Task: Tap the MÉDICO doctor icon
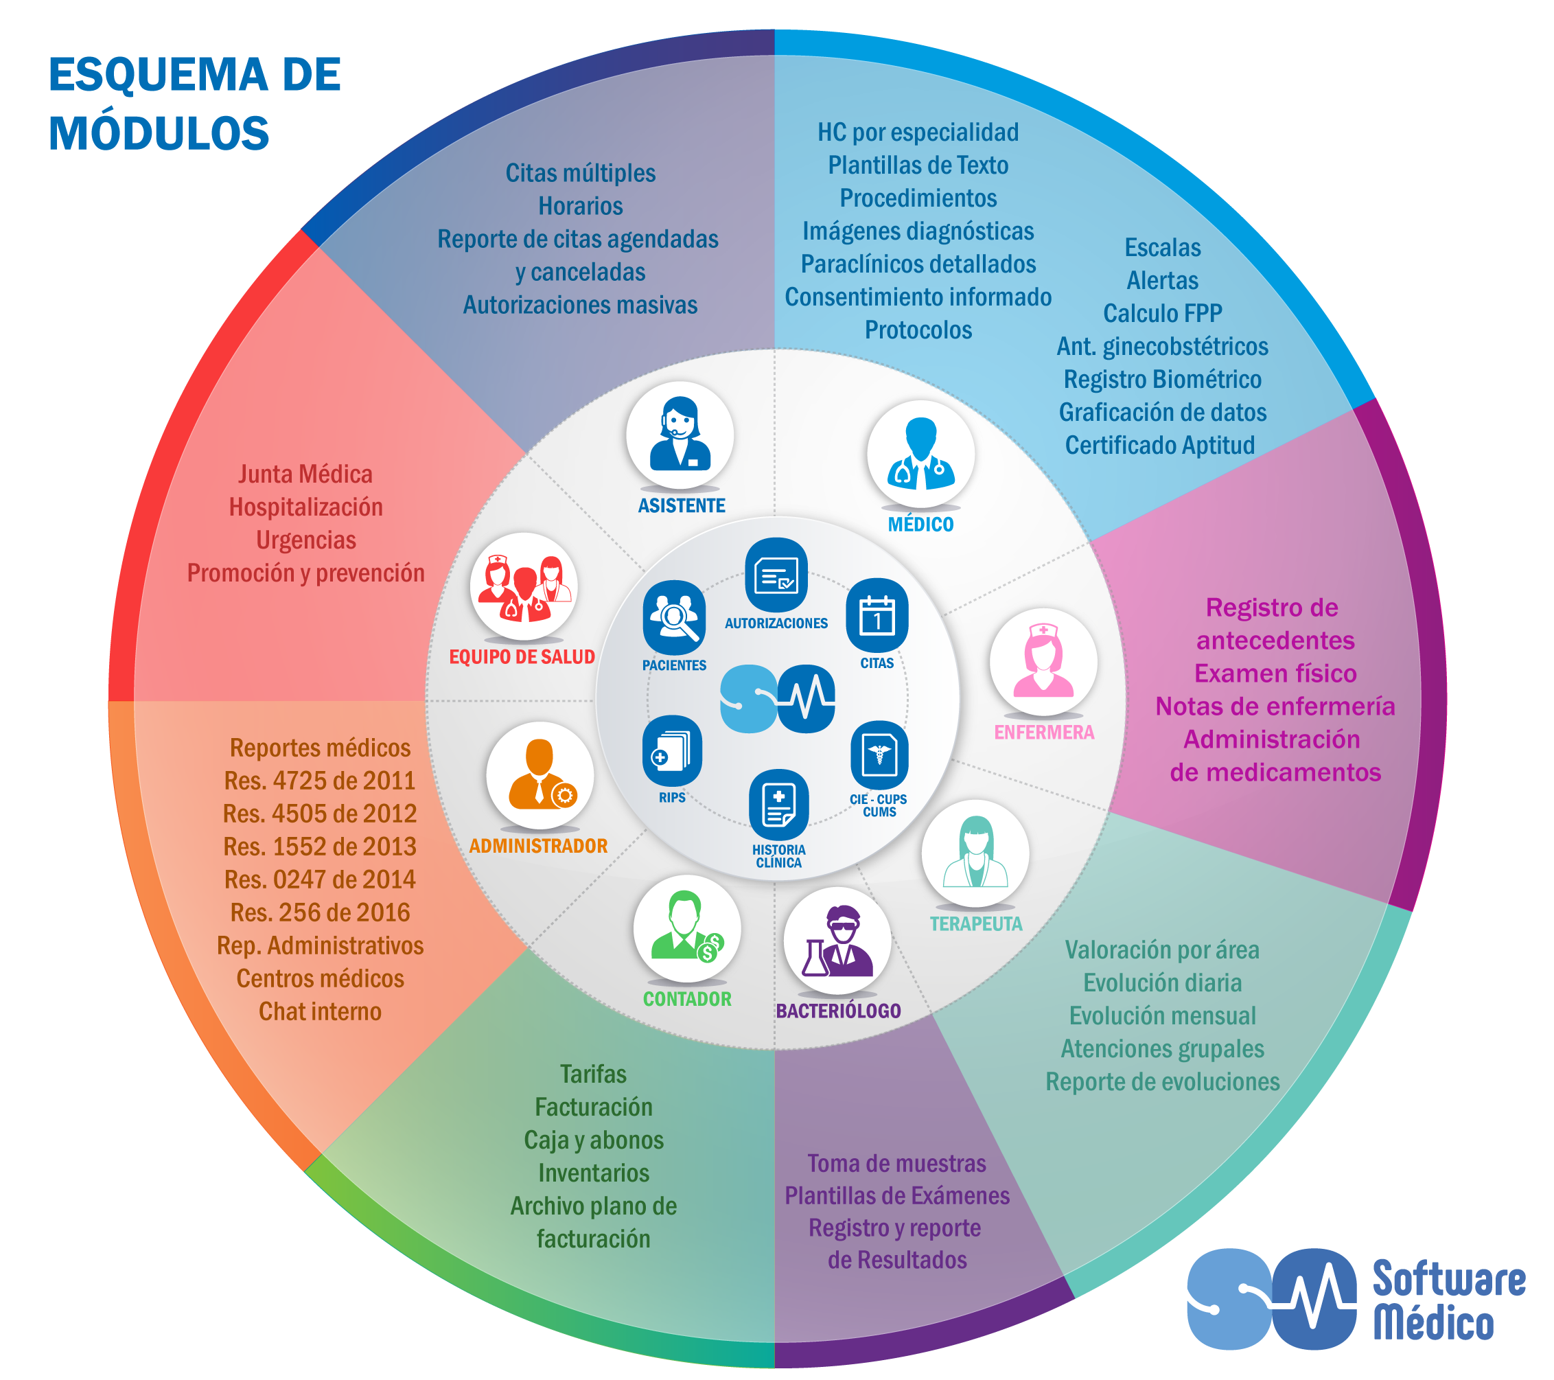click(x=920, y=454)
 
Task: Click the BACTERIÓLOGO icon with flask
click(x=837, y=941)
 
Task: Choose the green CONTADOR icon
click(x=686, y=928)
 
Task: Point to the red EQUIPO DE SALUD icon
click(x=523, y=586)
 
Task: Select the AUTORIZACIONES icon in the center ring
click(x=776, y=575)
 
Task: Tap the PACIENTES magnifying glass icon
click(x=673, y=617)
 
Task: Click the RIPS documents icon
click(x=671, y=751)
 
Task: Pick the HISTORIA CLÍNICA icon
click(x=778, y=805)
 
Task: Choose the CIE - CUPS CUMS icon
click(x=879, y=755)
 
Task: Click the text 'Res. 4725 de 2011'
click(x=319, y=780)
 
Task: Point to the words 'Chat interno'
click(x=319, y=1011)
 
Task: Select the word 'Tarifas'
click(x=593, y=1074)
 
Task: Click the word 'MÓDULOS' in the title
click(x=159, y=133)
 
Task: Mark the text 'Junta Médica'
click(x=305, y=474)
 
